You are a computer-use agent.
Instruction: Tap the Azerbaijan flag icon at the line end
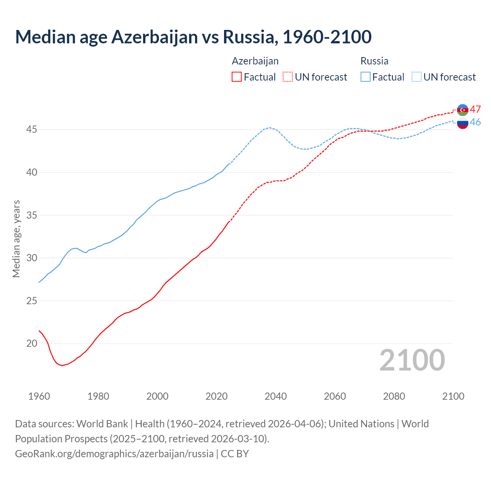(463, 110)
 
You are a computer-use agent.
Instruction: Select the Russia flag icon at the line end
(463, 123)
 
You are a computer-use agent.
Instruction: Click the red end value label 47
(476, 109)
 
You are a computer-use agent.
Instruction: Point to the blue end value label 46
(476, 122)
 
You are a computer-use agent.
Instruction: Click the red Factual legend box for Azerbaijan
(237, 77)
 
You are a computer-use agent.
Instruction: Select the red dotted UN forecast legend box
(288, 77)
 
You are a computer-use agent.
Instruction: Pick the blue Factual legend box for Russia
(366, 77)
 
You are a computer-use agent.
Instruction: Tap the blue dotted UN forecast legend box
(417, 77)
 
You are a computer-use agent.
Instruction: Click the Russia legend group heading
(374, 61)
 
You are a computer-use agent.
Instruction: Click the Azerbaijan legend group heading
(255, 61)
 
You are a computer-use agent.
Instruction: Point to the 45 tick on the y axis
(31, 130)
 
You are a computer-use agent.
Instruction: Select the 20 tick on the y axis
(31, 343)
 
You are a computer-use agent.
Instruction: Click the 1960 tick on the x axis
(39, 396)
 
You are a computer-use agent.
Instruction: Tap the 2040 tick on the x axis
(276, 396)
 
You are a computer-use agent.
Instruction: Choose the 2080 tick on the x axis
(394, 396)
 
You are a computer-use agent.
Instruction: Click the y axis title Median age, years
(16, 239)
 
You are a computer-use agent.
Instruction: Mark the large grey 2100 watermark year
(412, 360)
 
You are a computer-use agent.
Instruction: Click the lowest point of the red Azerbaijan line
(63, 366)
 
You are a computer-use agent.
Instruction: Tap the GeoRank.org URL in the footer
(114, 454)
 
